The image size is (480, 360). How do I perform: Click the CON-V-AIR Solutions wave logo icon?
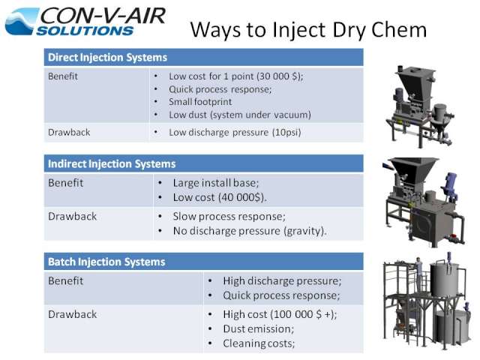pos(22,21)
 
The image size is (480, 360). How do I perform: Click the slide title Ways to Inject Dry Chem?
pos(308,30)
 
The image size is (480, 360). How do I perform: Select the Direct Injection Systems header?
pos(107,58)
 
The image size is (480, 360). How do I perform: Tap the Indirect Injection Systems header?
pos(112,164)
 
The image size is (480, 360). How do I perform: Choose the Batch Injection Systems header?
pos(106,262)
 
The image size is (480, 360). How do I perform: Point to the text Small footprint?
pos(200,102)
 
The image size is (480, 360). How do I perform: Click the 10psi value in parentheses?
pos(286,132)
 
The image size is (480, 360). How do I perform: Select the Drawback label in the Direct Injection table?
pos(69,132)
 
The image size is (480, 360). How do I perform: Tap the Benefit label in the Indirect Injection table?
pos(65,183)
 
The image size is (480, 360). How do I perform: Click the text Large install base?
pos(215,183)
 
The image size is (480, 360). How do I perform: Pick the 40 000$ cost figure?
pos(241,197)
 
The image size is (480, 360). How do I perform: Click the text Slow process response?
pos(228,217)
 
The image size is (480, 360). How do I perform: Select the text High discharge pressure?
pos(281,281)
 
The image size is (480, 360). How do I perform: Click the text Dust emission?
pos(257,328)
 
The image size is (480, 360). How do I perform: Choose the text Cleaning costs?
pos(258,343)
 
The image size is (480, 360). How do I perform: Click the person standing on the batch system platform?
pos(418,270)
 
